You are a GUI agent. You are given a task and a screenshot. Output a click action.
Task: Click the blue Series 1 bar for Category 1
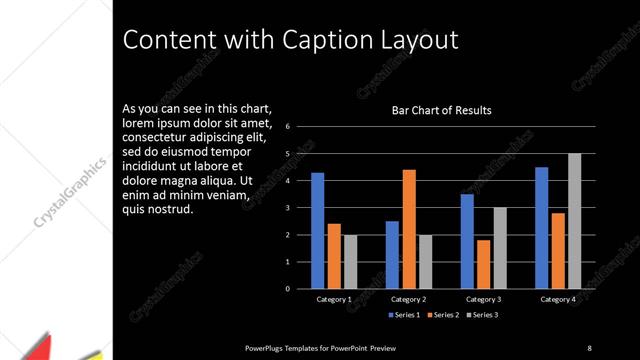[x=317, y=231]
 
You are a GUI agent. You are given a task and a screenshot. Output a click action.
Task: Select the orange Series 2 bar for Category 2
[x=408, y=229]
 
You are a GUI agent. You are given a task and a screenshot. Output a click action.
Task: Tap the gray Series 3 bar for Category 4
[x=574, y=221]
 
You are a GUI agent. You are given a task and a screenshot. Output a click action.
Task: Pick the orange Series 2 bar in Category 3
[x=483, y=264]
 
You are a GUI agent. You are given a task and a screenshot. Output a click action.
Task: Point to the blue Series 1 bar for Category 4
[x=542, y=228]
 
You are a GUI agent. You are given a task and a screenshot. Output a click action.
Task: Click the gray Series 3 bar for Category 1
[x=351, y=262]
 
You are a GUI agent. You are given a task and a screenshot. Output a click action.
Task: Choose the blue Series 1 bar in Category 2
[x=392, y=255]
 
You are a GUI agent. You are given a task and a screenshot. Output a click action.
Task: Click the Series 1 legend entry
[x=405, y=315]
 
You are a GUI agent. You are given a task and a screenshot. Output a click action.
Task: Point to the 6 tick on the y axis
[x=287, y=127]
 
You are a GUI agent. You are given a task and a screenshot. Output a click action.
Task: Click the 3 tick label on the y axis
[x=287, y=208]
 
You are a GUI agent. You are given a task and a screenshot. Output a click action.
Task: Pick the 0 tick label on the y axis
[x=287, y=289]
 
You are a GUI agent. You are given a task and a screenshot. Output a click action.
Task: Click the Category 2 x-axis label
[x=408, y=299]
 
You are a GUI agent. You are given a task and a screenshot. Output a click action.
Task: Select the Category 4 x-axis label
[x=558, y=299]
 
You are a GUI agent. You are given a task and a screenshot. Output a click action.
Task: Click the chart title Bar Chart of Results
[x=441, y=110]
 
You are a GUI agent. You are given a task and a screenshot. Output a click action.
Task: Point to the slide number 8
[x=588, y=347]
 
